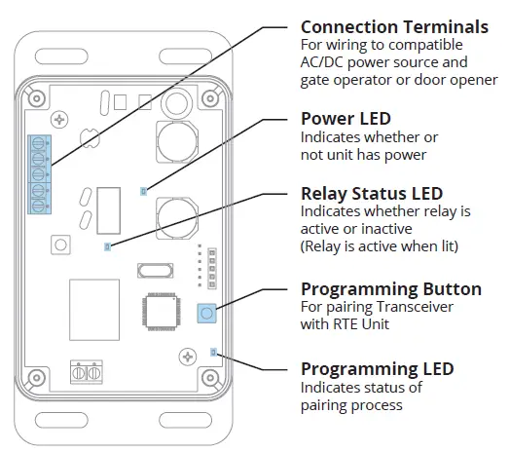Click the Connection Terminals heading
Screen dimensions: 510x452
pyautogui.click(x=394, y=27)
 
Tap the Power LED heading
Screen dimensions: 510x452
pyautogui.click(x=346, y=119)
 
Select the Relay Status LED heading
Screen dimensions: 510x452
pyautogui.click(x=372, y=194)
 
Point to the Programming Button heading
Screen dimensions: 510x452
pyautogui.click(x=391, y=289)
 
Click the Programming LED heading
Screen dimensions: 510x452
pyautogui.click(x=378, y=369)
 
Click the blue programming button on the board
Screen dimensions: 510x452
pyautogui.click(x=207, y=314)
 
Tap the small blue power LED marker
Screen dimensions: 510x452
pyautogui.click(x=143, y=191)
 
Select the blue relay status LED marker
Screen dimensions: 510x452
pyautogui.click(x=108, y=246)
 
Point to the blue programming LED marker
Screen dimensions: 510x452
pyautogui.click(x=213, y=352)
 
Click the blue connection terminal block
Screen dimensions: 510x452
pyautogui.click(x=39, y=174)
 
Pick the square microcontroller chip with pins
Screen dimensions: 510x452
pyautogui.click(x=162, y=312)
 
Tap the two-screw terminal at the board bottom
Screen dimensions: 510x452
pyautogui.click(x=87, y=372)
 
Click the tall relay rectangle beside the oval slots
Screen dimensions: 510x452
pyautogui.click(x=109, y=210)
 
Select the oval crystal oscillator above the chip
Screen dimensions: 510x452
pyautogui.click(x=155, y=271)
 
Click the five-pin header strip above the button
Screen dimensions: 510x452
pyautogui.click(x=212, y=268)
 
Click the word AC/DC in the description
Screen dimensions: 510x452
pyautogui.click(x=322, y=62)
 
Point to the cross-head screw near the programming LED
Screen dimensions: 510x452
pyautogui.click(x=188, y=357)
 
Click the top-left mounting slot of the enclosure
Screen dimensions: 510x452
pyautogui.click(x=61, y=56)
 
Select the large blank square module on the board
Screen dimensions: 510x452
pyautogui.click(x=94, y=310)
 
